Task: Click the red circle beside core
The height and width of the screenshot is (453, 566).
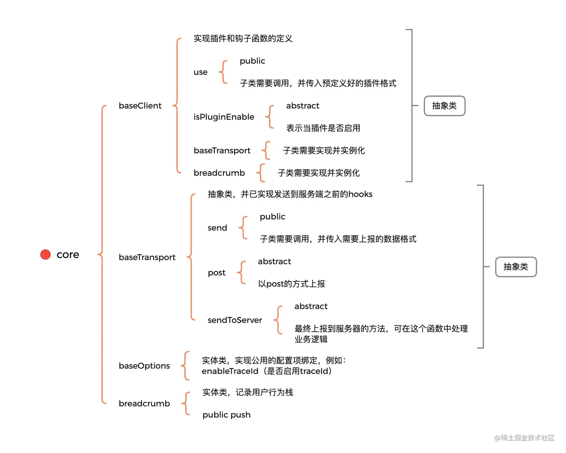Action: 45,254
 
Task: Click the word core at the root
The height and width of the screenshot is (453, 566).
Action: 68,255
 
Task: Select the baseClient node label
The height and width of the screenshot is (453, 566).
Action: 140,106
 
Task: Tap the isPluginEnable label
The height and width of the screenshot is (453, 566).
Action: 223,117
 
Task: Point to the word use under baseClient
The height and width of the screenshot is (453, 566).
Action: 200,72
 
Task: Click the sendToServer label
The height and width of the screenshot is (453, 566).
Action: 235,320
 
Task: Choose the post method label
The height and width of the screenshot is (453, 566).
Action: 216,273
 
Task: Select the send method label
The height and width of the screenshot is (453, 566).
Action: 217,228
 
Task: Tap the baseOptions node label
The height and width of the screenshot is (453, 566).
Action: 144,366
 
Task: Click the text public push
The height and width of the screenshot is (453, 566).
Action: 226,415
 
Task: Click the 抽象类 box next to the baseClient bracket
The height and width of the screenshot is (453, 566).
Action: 444,106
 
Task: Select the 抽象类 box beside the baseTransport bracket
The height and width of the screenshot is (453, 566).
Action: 515,267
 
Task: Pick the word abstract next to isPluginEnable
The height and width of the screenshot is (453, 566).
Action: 302,106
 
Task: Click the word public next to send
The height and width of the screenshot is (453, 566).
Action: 272,217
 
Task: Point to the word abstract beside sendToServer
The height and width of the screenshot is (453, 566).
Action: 311,306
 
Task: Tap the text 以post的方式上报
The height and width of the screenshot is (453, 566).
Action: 291,284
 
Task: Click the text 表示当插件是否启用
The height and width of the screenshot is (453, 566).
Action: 323,128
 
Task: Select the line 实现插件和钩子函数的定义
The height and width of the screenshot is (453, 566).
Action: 243,39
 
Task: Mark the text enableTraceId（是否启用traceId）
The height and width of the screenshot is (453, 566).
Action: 267,371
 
